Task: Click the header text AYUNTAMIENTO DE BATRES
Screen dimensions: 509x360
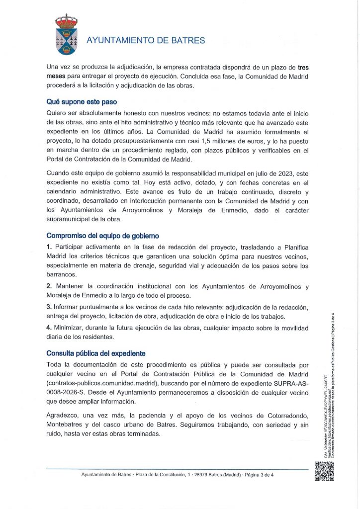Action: [146, 41]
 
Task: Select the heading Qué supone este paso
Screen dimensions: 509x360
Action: [81, 101]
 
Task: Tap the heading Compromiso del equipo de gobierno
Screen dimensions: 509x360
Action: [103, 236]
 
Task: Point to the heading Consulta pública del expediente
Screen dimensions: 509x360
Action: [96, 354]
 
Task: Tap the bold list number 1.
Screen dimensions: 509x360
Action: [49, 247]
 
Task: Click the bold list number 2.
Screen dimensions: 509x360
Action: [49, 286]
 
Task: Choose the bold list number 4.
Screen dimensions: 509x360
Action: [49, 328]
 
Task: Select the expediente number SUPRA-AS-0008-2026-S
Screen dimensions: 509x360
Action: [268, 383]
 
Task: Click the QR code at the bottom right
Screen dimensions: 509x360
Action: [324, 471]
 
